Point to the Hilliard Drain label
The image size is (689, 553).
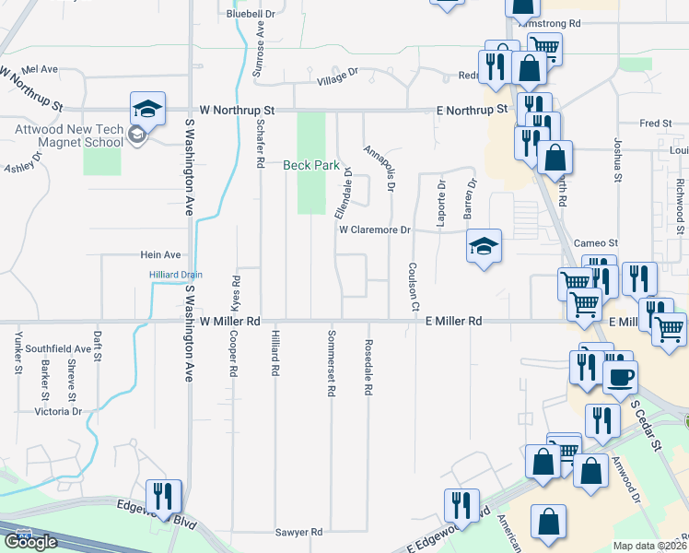175,275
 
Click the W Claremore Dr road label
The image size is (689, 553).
374,229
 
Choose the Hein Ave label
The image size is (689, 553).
159,254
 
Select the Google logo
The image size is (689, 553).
30,542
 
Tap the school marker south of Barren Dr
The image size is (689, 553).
484,246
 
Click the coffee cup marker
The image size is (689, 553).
620,376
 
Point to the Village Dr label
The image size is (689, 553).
337,80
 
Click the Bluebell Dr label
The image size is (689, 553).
251,14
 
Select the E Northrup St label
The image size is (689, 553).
472,110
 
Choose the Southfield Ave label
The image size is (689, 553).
58,349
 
